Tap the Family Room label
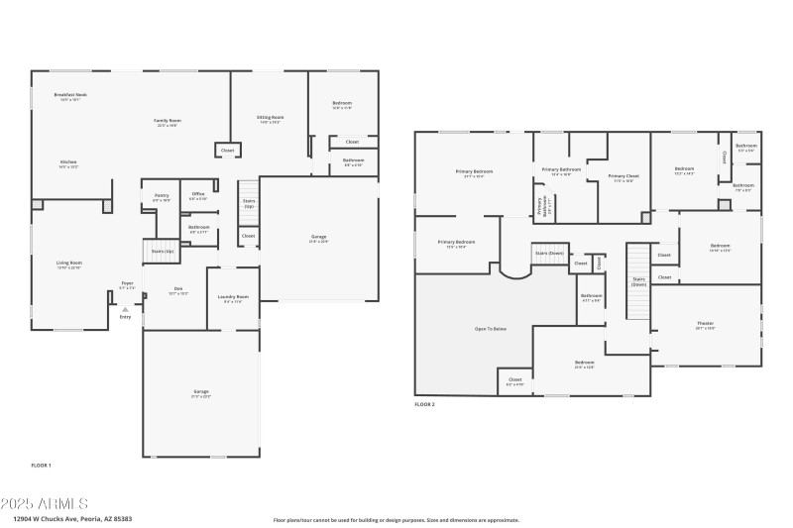[x=167, y=121]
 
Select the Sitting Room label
[x=271, y=117]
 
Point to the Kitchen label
[x=68, y=161]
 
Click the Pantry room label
[x=162, y=195]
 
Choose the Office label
[x=198, y=193]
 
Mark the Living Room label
[x=69, y=263]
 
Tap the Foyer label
[x=128, y=283]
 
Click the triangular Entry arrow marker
[x=125, y=308]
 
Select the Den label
[x=178, y=288]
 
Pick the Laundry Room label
[x=233, y=296]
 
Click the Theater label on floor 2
[x=706, y=323]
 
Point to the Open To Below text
[x=492, y=328]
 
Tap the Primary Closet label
[x=623, y=175]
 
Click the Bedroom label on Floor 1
[x=341, y=103]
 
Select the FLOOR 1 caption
[x=41, y=465]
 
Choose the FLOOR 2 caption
[x=424, y=404]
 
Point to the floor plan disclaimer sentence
[x=396, y=519]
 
